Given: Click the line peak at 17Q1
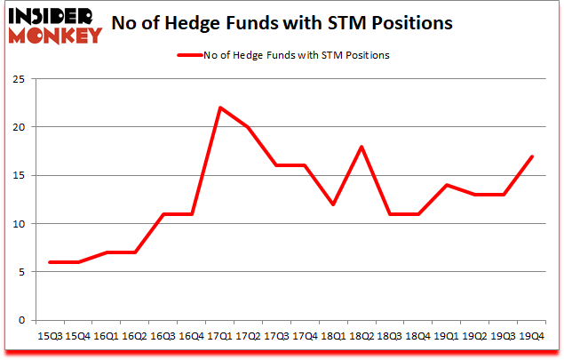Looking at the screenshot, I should tap(220, 108).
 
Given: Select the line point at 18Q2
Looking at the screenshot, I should tap(362, 147).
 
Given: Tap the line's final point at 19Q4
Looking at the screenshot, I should tap(533, 156).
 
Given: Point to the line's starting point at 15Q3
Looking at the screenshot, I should tap(50, 262).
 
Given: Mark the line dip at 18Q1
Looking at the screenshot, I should tap(334, 204).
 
